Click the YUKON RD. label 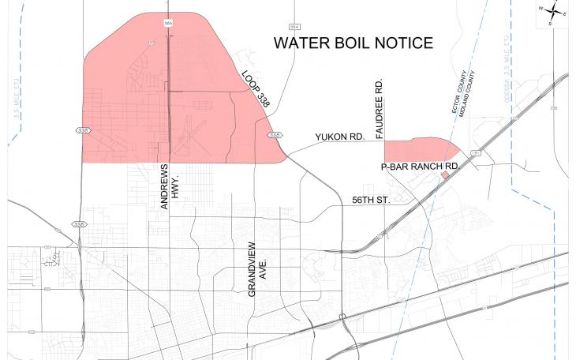(x=339, y=137)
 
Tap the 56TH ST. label (x=371, y=201)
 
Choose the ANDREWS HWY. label (x=170, y=187)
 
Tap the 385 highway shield (x=168, y=24)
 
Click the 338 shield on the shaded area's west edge (x=83, y=129)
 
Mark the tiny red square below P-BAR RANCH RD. (x=445, y=177)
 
